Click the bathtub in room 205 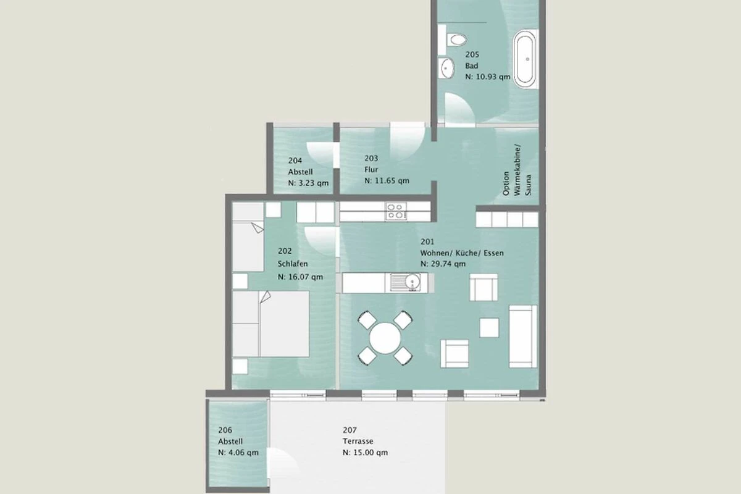click(525, 59)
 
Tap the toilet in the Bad click(456, 40)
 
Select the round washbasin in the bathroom click(446, 68)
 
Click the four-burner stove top click(396, 211)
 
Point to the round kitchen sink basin click(412, 282)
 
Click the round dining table click(385, 338)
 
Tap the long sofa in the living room click(522, 337)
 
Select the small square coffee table click(489, 327)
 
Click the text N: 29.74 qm click(443, 264)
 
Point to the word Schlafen click(293, 264)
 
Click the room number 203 click(371, 158)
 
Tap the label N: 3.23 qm click(308, 183)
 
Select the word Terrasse click(358, 441)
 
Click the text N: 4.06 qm click(238, 452)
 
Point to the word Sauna click(528, 185)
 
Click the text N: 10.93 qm click(488, 77)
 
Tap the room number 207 click(350, 430)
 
